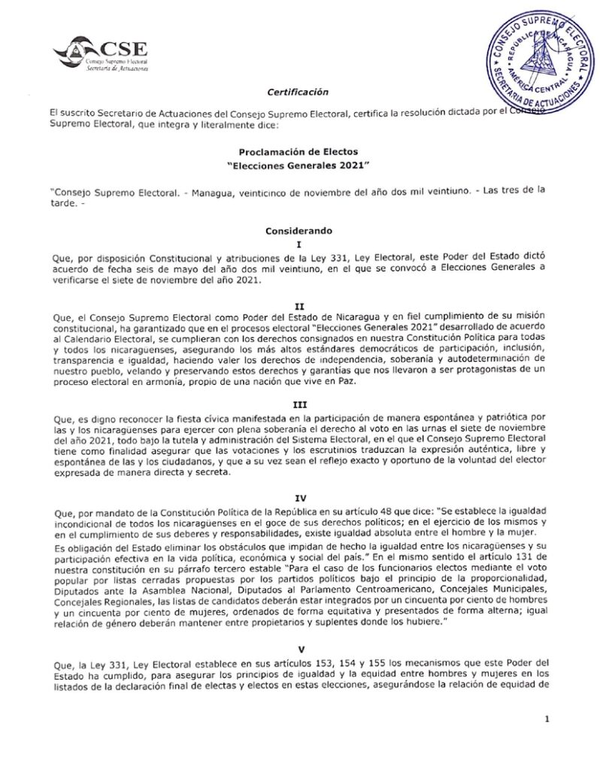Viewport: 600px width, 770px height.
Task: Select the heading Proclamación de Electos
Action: tap(298, 150)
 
